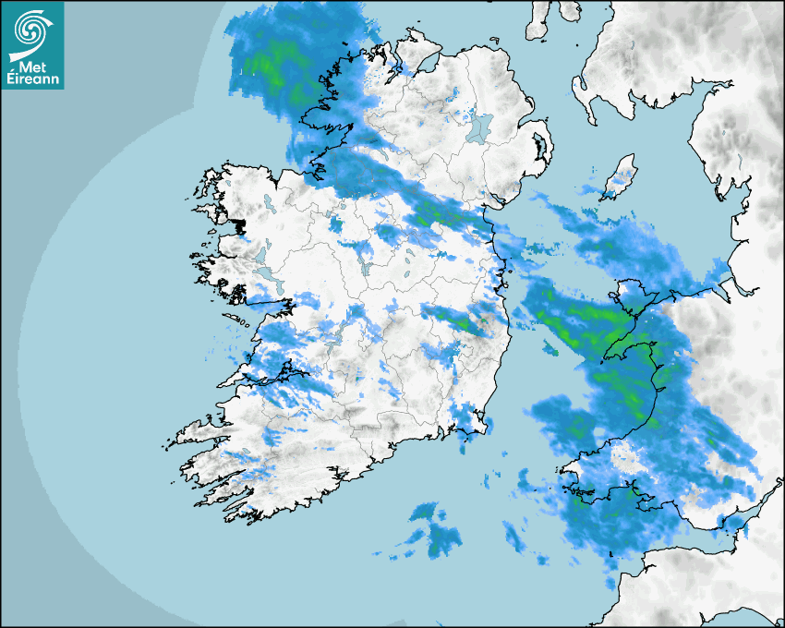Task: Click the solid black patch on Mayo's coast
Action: point(242,225)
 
